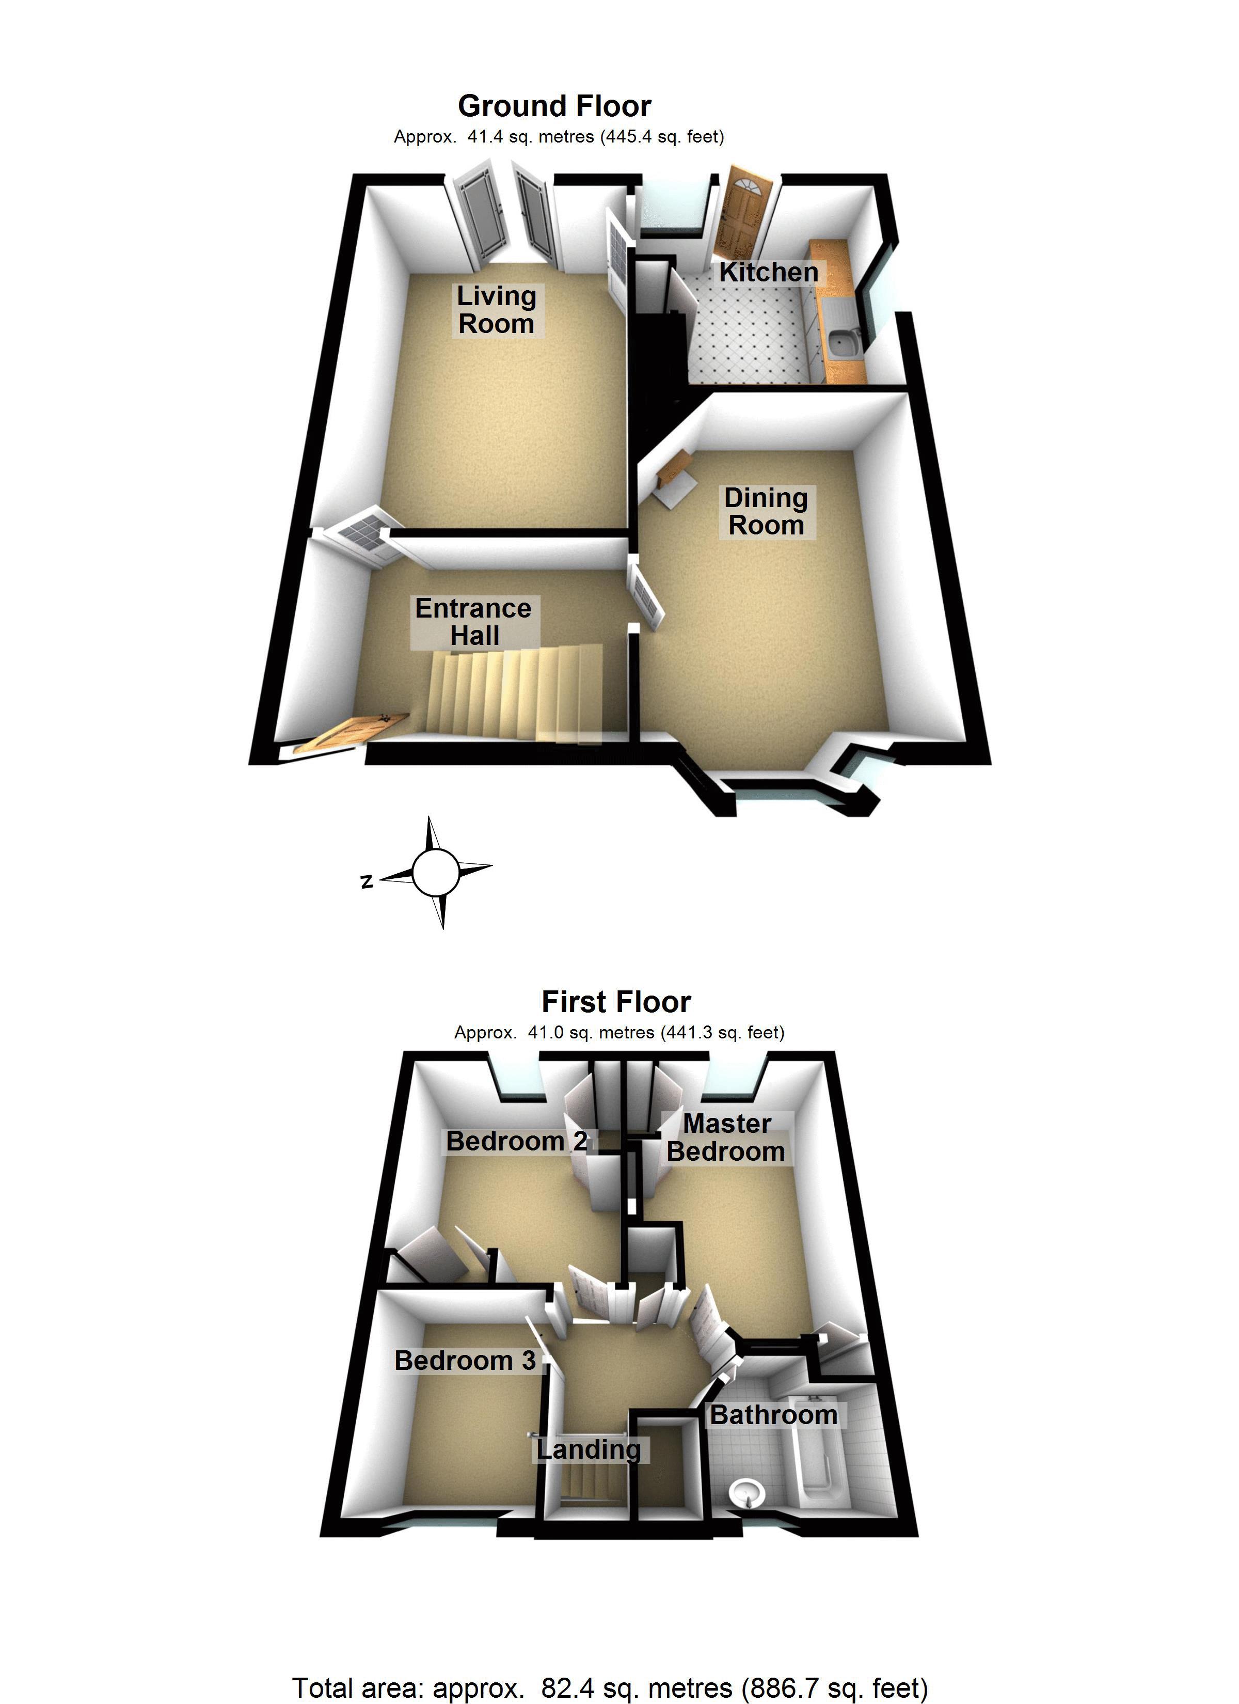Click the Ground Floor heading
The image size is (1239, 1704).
click(554, 106)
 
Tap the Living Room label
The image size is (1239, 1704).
click(496, 309)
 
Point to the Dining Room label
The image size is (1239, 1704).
click(765, 511)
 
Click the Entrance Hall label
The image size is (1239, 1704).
click(473, 621)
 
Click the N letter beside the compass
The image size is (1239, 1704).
click(367, 881)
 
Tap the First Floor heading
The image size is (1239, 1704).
click(616, 1002)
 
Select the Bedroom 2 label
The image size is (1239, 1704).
click(516, 1141)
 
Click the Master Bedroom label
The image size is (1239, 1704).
click(726, 1138)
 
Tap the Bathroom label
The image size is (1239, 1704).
click(773, 1415)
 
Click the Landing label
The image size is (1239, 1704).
click(589, 1449)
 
